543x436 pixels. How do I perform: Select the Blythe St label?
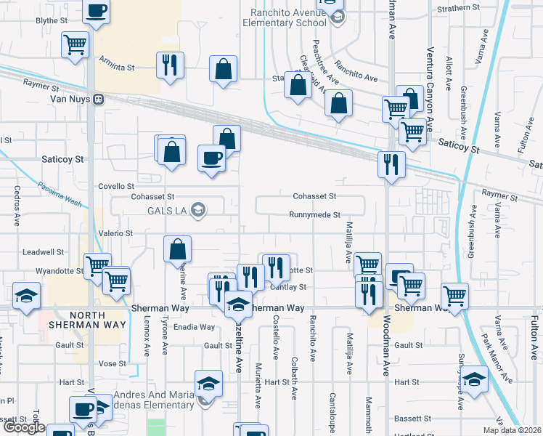click(x=51, y=21)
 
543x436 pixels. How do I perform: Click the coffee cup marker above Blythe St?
click(x=97, y=11)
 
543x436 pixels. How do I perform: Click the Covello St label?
click(x=116, y=187)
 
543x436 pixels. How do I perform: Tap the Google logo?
click(x=23, y=428)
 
